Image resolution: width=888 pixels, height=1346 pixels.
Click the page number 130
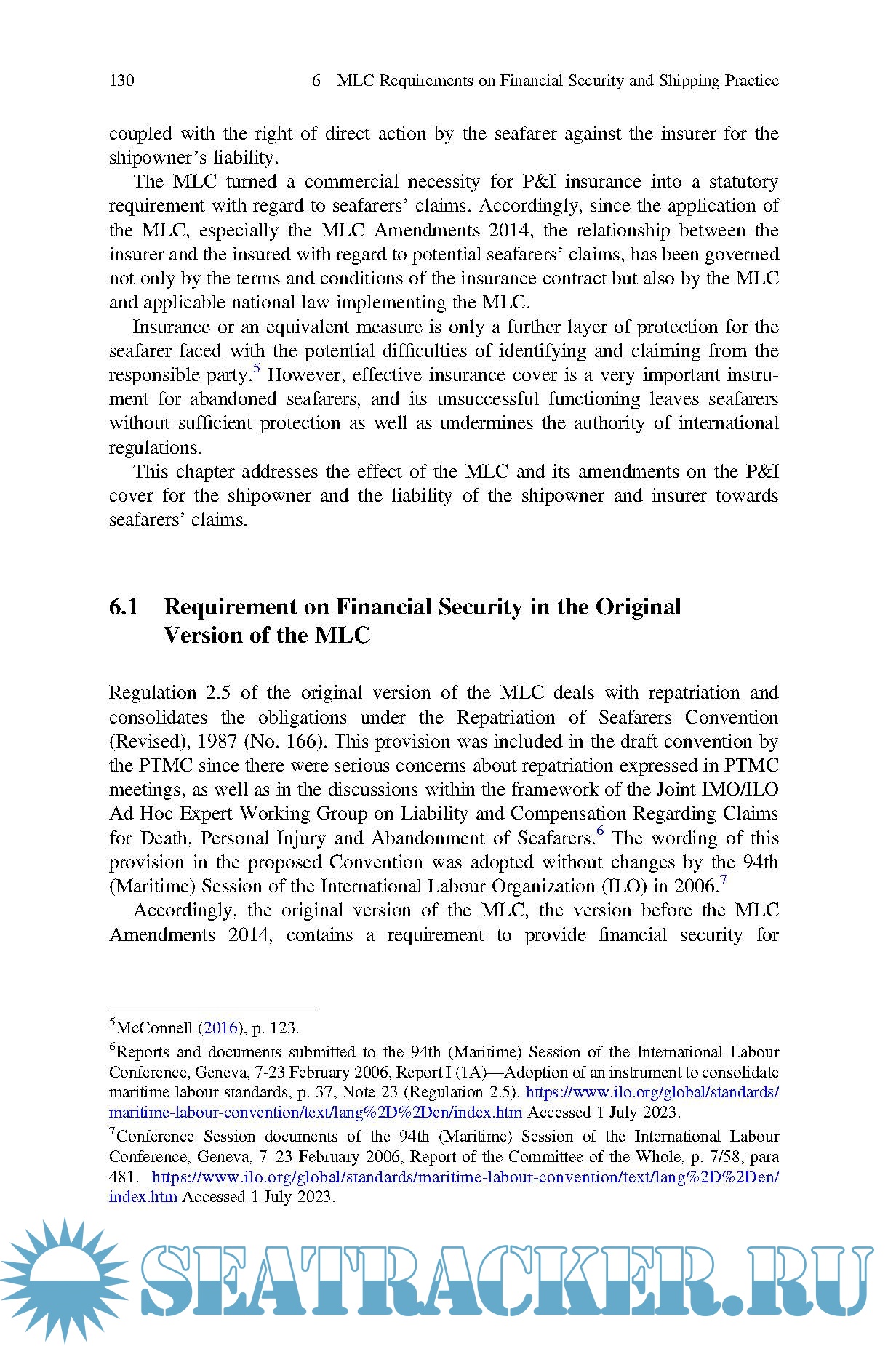click(121, 81)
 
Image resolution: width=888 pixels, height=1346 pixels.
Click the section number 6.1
click(124, 606)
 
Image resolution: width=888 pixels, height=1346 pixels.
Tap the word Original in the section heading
click(638, 606)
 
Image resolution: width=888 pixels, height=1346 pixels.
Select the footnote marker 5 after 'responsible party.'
click(256, 369)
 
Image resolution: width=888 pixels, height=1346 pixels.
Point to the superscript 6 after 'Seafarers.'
click(600, 832)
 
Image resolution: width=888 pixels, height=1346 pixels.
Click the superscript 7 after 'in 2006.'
click(723, 881)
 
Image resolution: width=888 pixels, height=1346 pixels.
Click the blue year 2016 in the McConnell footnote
click(220, 1028)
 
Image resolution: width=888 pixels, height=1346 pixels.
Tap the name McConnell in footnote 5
click(154, 1028)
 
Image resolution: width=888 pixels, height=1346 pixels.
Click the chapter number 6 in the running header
click(316, 81)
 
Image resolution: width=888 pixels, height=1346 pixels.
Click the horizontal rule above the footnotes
click(211, 1009)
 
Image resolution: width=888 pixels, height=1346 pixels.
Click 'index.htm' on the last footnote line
click(143, 1197)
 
